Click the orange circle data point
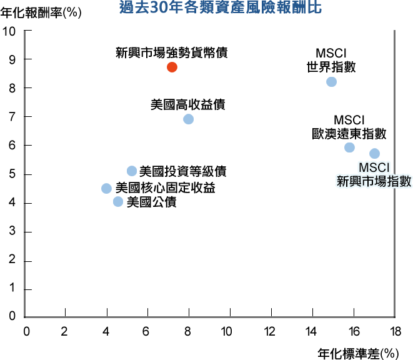pos(172,67)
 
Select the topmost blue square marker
pos(331,82)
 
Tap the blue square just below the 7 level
pos(188,119)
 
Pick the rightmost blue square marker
pos(374,153)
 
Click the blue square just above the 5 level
pos(132,171)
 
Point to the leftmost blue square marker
pos(106,188)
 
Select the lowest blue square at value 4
pos(118,201)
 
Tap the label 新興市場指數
pos(374,182)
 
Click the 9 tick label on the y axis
pos(12,59)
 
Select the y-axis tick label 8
pos(12,88)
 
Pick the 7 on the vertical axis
pos(12,117)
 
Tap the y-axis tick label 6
pos(12,146)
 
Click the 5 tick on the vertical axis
pos(12,174)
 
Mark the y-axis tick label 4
pos(12,203)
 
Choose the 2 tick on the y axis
pos(12,261)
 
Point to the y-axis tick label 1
pos(12,290)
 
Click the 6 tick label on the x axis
pos(146,331)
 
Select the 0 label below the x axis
pos(26,331)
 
